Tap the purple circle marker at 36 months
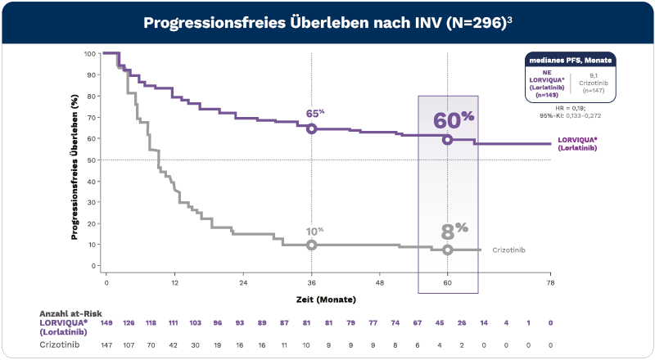pyautogui.click(x=311, y=128)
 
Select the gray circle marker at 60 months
pyautogui.click(x=448, y=250)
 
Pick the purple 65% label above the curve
pyautogui.click(x=315, y=113)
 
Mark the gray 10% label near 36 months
pyautogui.click(x=315, y=232)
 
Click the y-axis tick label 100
pyautogui.click(x=90, y=54)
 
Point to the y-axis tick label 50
pyautogui.click(x=92, y=160)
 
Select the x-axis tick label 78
pyautogui.click(x=550, y=282)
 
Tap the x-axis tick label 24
pyautogui.click(x=243, y=282)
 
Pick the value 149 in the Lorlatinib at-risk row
pyautogui.click(x=106, y=323)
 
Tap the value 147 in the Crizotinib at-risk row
pyautogui.click(x=106, y=345)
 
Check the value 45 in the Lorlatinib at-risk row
pyautogui.click(x=440, y=323)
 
